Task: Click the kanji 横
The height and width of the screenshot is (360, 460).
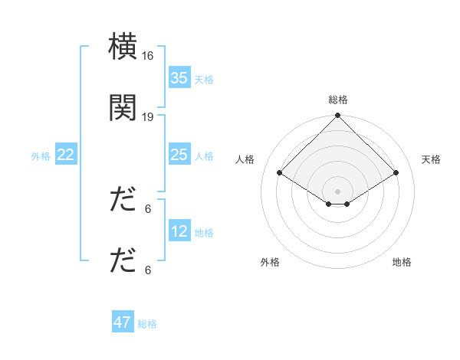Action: click(123, 47)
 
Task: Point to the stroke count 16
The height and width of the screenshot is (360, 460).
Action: click(148, 56)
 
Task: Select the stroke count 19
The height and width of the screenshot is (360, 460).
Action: click(148, 116)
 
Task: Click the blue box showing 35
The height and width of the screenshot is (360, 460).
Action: click(179, 77)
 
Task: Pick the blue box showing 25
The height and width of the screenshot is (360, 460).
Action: click(179, 155)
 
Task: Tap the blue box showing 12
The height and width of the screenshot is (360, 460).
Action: click(179, 231)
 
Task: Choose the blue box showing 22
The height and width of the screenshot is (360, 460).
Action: click(65, 155)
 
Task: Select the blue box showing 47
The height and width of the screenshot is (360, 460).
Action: click(123, 322)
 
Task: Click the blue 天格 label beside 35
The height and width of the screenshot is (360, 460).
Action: click(204, 79)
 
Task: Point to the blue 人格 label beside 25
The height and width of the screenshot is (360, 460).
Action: click(204, 155)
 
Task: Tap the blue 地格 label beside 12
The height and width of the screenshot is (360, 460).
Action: click(204, 232)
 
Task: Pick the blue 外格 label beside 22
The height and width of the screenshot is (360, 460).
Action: click(41, 155)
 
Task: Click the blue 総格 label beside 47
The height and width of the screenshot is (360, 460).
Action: click(147, 323)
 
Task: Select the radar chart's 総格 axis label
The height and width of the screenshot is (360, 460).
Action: click(338, 100)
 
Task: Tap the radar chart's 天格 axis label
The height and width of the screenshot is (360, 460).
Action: click(432, 159)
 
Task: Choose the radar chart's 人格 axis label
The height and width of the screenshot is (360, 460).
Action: click(245, 159)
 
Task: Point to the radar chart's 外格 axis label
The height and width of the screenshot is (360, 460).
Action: click(270, 262)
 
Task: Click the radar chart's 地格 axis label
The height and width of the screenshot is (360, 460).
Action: click(402, 262)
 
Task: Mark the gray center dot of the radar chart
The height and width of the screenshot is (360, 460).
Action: click(338, 191)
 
